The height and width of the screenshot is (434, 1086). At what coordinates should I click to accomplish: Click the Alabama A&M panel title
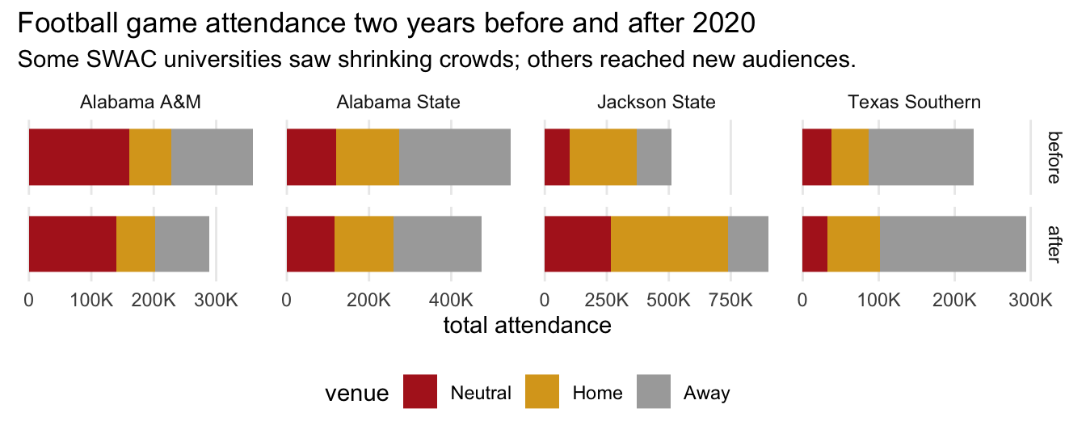(x=140, y=103)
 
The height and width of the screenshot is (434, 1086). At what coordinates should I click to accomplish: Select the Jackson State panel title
(x=656, y=103)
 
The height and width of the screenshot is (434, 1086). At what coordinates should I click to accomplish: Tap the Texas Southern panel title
(x=914, y=103)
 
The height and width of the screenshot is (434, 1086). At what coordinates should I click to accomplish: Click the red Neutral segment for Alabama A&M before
(x=79, y=157)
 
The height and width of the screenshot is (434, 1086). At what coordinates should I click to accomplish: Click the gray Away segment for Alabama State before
(x=454, y=157)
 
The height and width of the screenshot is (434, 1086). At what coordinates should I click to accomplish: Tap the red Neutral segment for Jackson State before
(x=558, y=157)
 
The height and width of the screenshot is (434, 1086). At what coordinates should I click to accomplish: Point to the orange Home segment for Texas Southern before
(x=850, y=157)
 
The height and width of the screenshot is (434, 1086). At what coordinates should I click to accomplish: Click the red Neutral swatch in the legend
(x=421, y=393)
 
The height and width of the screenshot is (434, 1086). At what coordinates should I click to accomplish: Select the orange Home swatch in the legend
(x=542, y=393)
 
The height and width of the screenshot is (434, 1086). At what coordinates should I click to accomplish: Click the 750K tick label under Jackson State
(x=730, y=300)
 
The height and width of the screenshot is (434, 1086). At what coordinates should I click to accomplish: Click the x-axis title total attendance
(x=527, y=326)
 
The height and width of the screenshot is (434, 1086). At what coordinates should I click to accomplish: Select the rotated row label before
(x=1054, y=158)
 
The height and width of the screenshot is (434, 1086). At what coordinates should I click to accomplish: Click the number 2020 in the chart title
(x=724, y=24)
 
